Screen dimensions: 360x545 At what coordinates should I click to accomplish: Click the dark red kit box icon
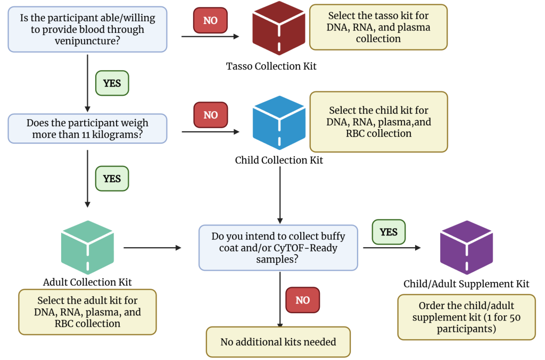pyautogui.click(x=279, y=28)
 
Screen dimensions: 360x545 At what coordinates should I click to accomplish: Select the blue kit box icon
pyautogui.click(x=279, y=123)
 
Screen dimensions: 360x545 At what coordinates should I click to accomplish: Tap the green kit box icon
pyautogui.click(x=87, y=247)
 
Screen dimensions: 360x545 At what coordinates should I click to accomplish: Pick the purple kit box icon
pyautogui.click(x=466, y=247)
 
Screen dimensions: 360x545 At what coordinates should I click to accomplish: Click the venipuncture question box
pyautogui.click(x=87, y=29)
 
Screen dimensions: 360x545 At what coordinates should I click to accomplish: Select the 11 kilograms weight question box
pyautogui.click(x=87, y=129)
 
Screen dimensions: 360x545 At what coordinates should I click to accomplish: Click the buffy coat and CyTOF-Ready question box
pyautogui.click(x=278, y=247)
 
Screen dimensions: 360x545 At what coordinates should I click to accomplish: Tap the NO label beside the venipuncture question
pyautogui.click(x=210, y=20)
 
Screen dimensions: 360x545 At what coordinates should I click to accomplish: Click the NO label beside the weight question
pyautogui.click(x=210, y=115)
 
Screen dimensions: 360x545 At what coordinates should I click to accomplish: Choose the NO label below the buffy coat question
pyautogui.click(x=302, y=300)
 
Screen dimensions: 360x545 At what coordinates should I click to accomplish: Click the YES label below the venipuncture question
pyautogui.click(x=112, y=83)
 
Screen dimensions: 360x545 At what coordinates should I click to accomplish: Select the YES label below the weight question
pyautogui.click(x=112, y=179)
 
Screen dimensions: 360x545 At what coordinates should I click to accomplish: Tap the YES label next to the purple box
pyautogui.click(x=389, y=232)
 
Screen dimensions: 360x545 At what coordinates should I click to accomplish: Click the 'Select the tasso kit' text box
pyautogui.click(x=378, y=27)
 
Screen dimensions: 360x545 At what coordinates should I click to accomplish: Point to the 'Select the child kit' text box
pyautogui.click(x=378, y=122)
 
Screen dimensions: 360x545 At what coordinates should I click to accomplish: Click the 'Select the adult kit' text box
pyautogui.click(x=87, y=312)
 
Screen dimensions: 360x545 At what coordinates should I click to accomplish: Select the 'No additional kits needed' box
pyautogui.click(x=278, y=342)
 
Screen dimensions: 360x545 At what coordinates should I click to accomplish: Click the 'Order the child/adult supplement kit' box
pyautogui.click(x=466, y=317)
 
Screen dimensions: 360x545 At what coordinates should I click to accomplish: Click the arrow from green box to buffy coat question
pyautogui.click(x=152, y=248)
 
